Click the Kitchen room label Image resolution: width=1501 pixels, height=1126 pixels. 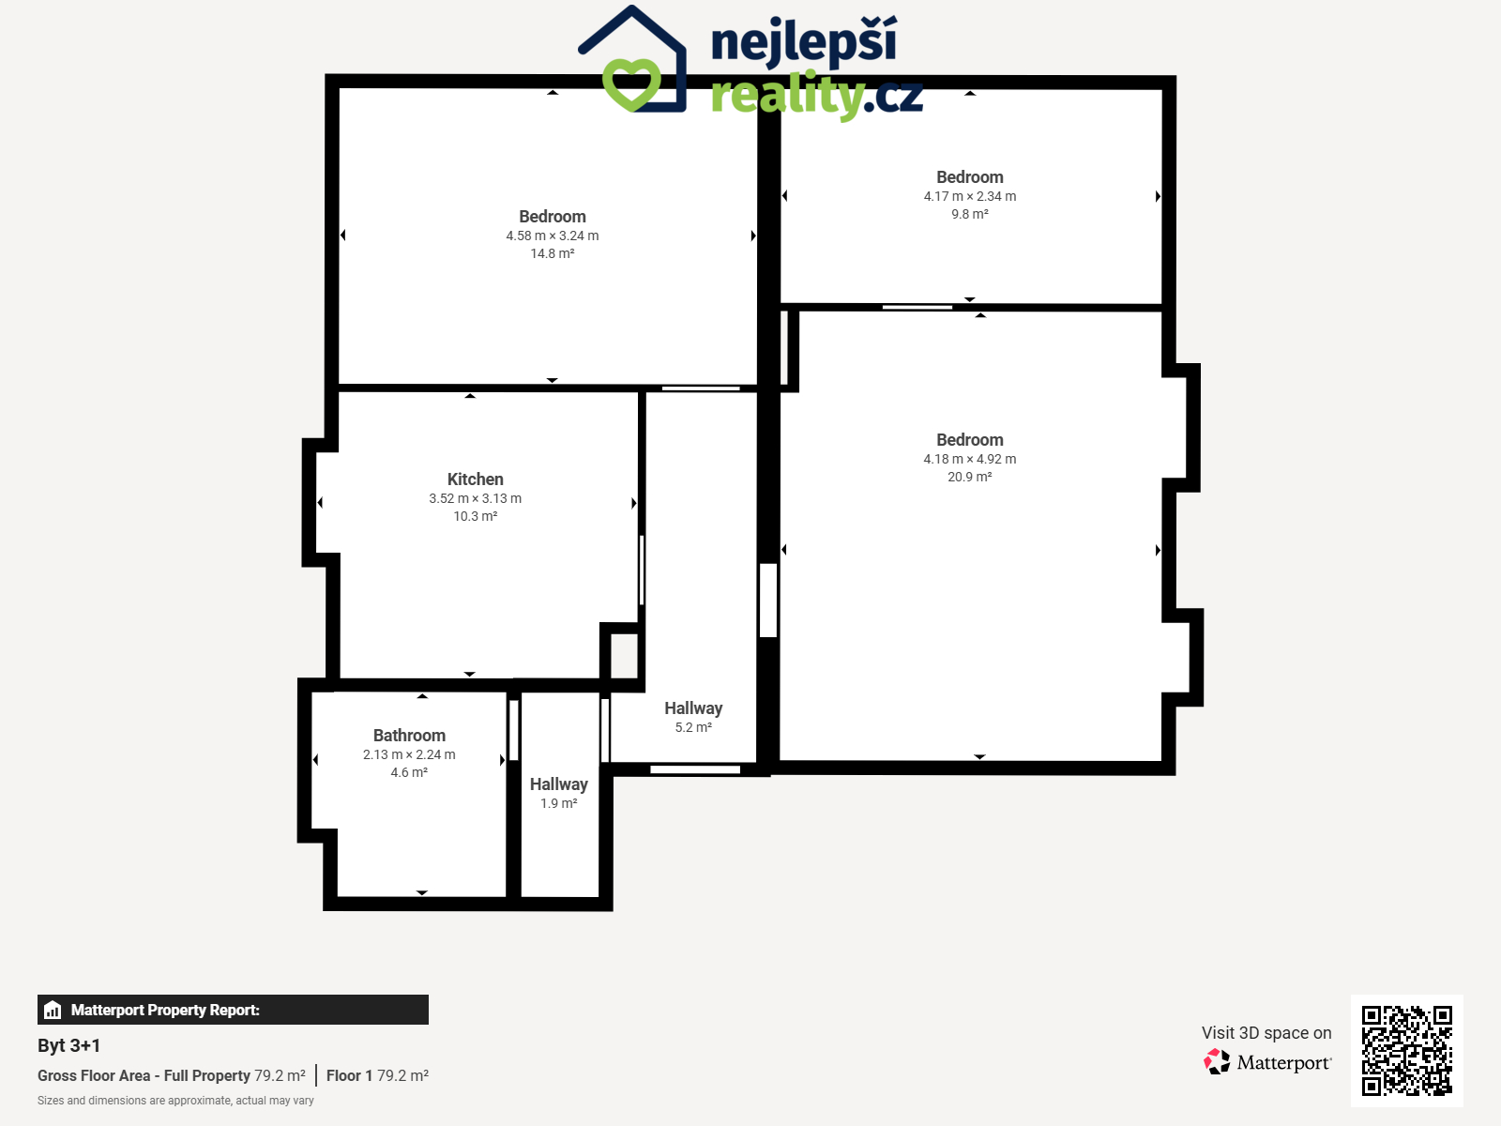click(x=476, y=479)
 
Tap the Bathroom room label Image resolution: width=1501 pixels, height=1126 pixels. click(x=409, y=736)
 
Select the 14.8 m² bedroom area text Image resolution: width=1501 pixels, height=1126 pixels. click(x=553, y=253)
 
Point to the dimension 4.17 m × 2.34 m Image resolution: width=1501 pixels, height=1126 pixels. click(x=970, y=196)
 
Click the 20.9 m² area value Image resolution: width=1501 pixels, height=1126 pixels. click(x=970, y=477)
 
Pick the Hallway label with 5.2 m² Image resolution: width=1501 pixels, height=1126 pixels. click(x=693, y=708)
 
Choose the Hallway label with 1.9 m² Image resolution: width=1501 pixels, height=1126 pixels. click(x=559, y=784)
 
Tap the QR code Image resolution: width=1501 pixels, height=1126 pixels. click(x=1406, y=1051)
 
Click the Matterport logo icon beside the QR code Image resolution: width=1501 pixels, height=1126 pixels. click(x=1217, y=1062)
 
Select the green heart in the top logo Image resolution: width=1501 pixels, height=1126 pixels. click(x=631, y=84)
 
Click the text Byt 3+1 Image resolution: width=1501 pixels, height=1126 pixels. click(x=69, y=1045)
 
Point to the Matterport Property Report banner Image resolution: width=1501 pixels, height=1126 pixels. click(x=234, y=1010)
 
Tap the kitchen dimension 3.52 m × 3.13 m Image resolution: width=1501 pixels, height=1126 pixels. click(x=476, y=498)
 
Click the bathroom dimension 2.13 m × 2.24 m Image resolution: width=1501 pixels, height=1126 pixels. click(x=409, y=754)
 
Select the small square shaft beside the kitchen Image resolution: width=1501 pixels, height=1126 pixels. click(x=624, y=656)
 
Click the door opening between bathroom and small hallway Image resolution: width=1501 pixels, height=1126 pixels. click(x=513, y=730)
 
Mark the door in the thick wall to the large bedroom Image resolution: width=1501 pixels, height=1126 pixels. click(x=768, y=601)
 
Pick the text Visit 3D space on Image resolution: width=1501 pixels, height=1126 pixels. click(x=1266, y=1033)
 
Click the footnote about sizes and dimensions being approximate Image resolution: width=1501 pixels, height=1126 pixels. click(x=175, y=1101)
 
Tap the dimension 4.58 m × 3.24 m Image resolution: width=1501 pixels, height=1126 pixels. click(x=553, y=236)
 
